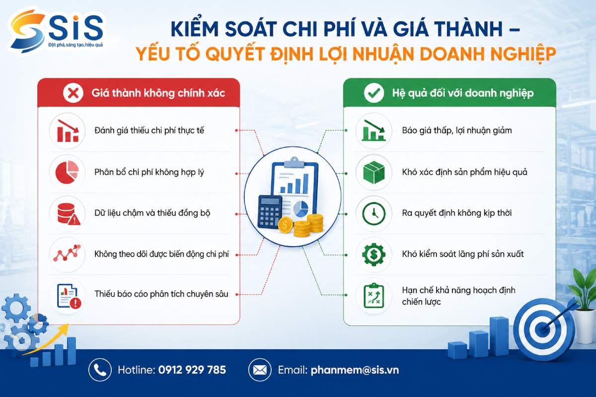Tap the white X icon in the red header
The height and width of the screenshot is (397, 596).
click(x=73, y=93)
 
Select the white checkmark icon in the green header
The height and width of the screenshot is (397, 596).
click(x=374, y=93)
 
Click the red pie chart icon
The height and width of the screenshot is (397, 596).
click(x=67, y=172)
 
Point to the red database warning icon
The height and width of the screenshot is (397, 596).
click(x=69, y=214)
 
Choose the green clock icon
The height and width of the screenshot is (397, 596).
click(x=374, y=213)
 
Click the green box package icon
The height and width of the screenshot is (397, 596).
click(x=374, y=172)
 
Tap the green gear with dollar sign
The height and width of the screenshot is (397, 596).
click(x=374, y=255)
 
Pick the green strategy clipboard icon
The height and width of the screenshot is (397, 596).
click(x=373, y=295)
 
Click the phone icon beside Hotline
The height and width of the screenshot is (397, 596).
click(x=100, y=370)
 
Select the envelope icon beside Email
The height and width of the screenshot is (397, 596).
click(x=260, y=370)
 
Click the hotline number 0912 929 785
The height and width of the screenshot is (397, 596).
click(x=192, y=370)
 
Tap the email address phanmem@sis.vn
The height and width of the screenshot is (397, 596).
click(x=355, y=370)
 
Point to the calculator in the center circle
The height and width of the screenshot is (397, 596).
click(x=270, y=212)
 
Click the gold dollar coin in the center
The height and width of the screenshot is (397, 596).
click(x=285, y=225)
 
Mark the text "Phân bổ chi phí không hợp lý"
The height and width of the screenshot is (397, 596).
click(x=149, y=172)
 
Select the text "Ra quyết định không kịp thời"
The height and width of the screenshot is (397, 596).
click(x=457, y=213)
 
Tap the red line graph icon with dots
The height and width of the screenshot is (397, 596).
click(x=67, y=253)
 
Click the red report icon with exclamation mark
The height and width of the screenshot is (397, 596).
click(x=69, y=296)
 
